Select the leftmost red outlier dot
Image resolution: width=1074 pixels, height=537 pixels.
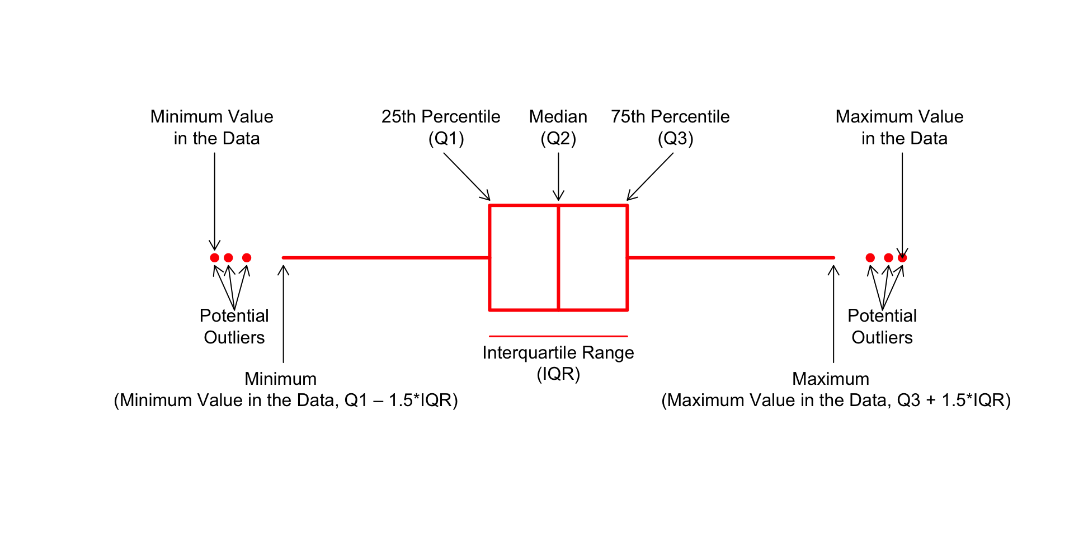coord(214,258)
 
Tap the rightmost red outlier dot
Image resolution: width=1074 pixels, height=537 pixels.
coord(902,258)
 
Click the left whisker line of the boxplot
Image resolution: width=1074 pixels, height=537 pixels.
coord(386,258)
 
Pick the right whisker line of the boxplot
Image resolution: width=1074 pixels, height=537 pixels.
coord(731,258)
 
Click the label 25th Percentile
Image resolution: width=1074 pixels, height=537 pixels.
coord(441,117)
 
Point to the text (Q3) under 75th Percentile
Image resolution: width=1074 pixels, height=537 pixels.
coord(675,139)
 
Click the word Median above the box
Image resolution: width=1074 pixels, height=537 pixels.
coord(558,117)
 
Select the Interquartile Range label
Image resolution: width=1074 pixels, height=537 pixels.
coord(558,353)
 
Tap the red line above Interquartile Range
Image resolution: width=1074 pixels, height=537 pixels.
coord(558,336)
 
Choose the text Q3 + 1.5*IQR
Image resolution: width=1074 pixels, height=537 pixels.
coord(950,401)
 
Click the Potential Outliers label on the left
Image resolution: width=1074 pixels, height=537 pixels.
coord(234,327)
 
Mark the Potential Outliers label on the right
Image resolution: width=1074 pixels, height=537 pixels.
coord(882,327)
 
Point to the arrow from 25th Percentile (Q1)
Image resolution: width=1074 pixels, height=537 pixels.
coord(467,176)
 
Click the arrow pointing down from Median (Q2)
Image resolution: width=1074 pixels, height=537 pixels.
coord(558,176)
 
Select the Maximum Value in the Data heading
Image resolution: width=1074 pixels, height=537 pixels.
coord(899,128)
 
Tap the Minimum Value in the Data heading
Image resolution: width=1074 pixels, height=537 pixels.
coord(212,128)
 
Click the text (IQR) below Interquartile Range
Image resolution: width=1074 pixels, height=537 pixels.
coord(558,374)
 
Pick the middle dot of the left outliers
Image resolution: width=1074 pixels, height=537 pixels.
coord(228,258)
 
